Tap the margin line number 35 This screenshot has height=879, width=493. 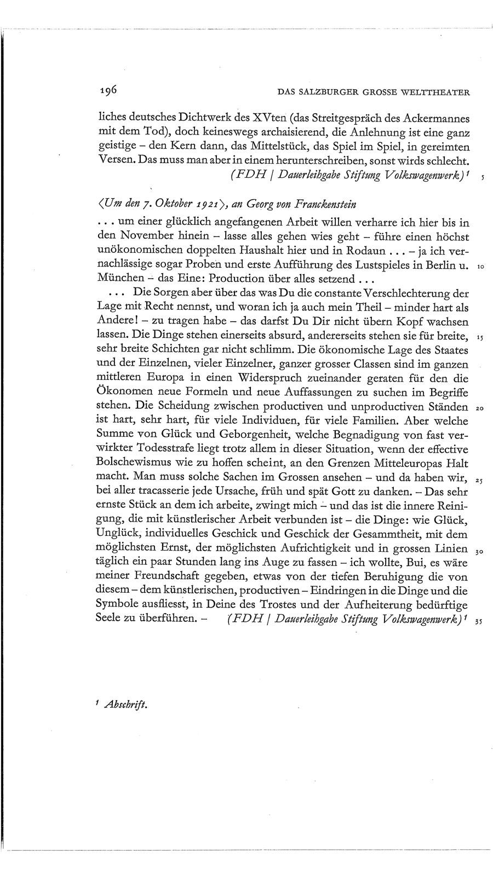(x=480, y=621)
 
